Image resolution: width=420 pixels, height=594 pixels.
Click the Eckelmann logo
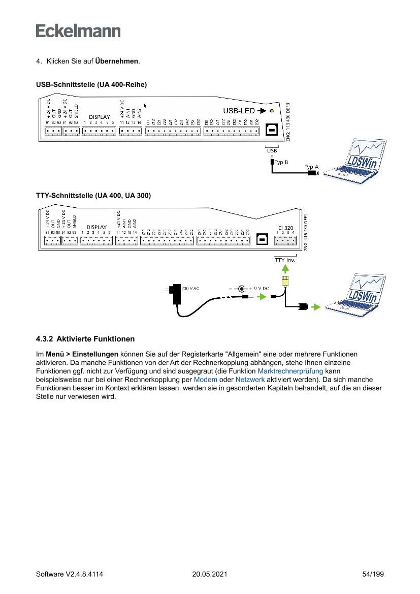pyautogui.click(x=78, y=30)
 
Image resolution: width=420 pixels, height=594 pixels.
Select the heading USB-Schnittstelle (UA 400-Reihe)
pyautogui.click(x=91, y=84)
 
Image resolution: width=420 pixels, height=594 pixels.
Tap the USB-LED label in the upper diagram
pyautogui.click(x=239, y=111)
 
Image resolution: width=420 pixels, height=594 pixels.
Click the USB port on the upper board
pyautogui.click(x=272, y=130)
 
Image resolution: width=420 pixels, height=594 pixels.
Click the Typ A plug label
pyautogui.click(x=311, y=167)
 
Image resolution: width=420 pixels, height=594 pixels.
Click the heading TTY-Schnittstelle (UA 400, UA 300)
pyautogui.click(x=93, y=195)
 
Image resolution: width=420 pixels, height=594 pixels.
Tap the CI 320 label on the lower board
pyautogui.click(x=285, y=228)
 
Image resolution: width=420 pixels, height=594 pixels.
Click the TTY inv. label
pyautogui.click(x=285, y=260)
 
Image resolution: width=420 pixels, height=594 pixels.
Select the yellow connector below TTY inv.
pyautogui.click(x=285, y=280)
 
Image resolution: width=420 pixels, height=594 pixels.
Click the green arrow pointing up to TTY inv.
pyautogui.click(x=285, y=268)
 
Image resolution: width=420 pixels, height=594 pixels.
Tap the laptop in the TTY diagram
pyautogui.click(x=356, y=294)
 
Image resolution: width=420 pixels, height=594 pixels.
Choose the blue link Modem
pyautogui.click(x=206, y=380)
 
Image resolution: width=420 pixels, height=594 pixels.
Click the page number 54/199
pyautogui.click(x=373, y=574)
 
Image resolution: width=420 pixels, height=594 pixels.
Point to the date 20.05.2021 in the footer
pyautogui.click(x=210, y=574)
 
